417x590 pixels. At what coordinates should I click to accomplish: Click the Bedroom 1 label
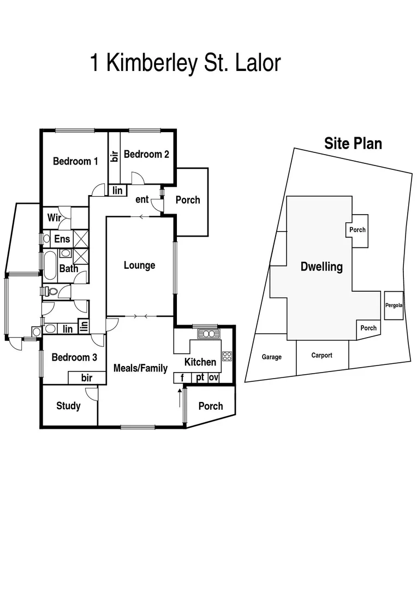click(75, 161)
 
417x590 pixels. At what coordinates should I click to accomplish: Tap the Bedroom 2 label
click(146, 154)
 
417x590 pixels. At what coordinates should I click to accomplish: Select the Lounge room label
click(139, 265)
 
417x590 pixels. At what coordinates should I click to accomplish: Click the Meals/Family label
click(140, 368)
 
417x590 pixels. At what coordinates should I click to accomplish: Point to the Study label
click(68, 406)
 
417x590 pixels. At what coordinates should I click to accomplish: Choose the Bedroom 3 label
click(74, 357)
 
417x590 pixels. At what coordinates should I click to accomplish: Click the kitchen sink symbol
click(208, 333)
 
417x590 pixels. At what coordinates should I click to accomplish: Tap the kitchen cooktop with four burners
click(227, 356)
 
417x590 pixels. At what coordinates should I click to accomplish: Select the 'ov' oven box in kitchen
click(213, 377)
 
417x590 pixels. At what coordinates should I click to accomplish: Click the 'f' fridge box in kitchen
click(182, 377)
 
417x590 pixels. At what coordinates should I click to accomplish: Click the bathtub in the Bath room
click(50, 265)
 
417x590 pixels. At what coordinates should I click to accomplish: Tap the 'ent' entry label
click(142, 199)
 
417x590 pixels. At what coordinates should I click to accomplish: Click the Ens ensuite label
click(62, 239)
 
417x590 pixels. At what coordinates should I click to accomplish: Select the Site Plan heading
click(353, 144)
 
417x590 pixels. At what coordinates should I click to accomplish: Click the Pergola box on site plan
click(394, 305)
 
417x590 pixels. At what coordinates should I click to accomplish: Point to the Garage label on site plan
click(271, 357)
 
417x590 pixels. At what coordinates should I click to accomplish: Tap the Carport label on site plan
click(321, 355)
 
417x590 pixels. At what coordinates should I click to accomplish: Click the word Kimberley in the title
click(155, 63)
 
